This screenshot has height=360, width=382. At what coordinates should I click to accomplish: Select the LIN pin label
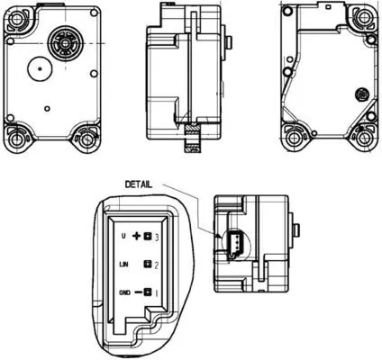(125, 265)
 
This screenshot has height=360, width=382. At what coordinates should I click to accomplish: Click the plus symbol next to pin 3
(137, 236)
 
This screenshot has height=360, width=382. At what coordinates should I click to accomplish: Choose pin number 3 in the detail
(157, 236)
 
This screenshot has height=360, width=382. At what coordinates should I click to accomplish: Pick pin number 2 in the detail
(157, 265)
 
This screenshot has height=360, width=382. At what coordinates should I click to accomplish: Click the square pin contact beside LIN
(147, 265)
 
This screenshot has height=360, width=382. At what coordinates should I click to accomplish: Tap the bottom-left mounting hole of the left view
(17, 139)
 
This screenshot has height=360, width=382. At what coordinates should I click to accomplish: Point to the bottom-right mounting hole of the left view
(86, 139)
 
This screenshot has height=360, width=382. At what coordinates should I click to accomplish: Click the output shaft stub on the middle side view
(232, 43)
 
